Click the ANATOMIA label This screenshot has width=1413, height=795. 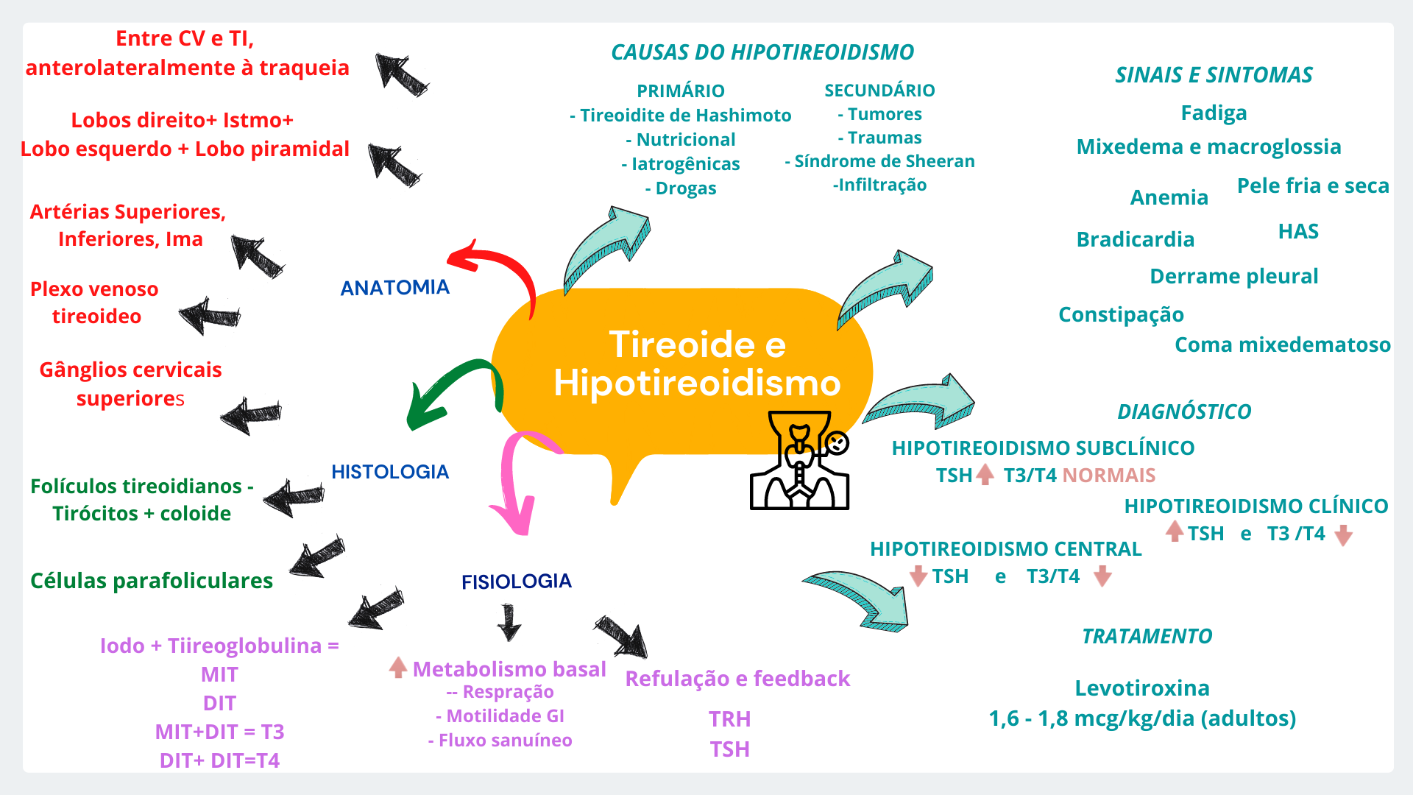click(394, 287)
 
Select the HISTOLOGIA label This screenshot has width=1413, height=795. click(390, 472)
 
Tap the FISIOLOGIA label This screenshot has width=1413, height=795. click(517, 582)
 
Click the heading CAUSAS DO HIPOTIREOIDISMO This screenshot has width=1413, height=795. click(762, 52)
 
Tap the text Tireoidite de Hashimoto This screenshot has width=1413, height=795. click(685, 116)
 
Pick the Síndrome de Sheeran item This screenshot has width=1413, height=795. click(885, 161)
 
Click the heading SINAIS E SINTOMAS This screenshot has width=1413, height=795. click(1214, 75)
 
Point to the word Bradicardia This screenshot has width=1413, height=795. click(1136, 239)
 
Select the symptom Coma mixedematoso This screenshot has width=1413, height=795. click(1283, 344)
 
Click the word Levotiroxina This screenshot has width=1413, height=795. click(1142, 688)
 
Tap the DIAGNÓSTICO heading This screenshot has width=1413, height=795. click(1184, 411)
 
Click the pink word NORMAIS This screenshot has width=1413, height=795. click(1108, 476)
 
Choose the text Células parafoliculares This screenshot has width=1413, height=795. click(152, 581)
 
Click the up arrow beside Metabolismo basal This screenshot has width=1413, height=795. click(398, 667)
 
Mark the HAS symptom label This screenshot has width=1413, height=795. click(1298, 231)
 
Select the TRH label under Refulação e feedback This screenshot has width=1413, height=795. click(730, 719)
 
